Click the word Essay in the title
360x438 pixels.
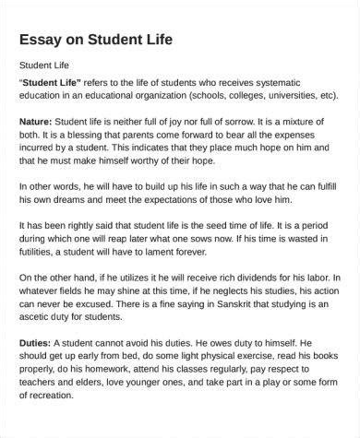[x=40, y=40]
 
